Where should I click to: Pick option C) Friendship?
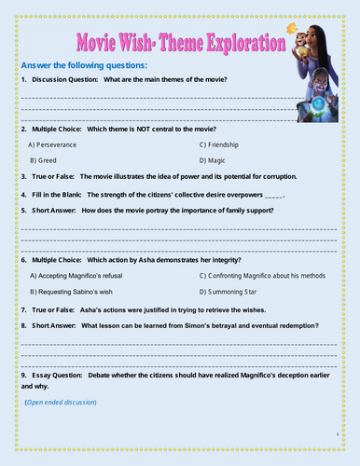(227, 144)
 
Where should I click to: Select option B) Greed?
(44, 160)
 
